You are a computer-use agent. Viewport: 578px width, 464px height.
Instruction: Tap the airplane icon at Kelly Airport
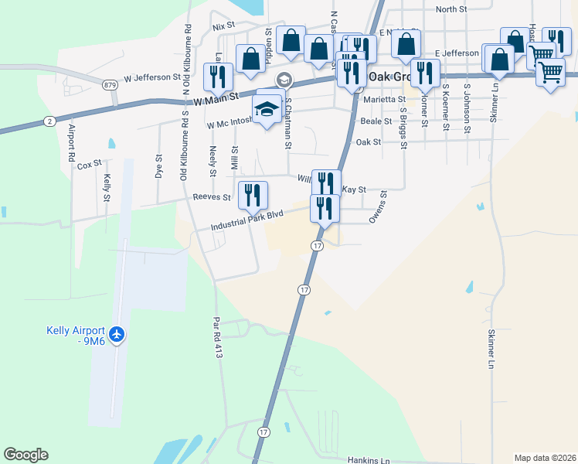pyautogui.click(x=117, y=335)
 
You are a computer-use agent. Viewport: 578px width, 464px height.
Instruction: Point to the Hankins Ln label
pyautogui.click(x=369, y=460)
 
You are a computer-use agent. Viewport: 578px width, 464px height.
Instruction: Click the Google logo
pyautogui.click(x=25, y=455)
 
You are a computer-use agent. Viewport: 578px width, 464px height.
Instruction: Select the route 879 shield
pyautogui.click(x=110, y=84)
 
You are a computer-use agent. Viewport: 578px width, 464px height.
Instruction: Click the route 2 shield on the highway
pyautogui.click(x=49, y=121)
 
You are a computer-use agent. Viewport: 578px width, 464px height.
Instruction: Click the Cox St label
pyautogui.click(x=90, y=164)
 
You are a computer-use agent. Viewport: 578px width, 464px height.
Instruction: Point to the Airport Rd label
pyautogui.click(x=72, y=142)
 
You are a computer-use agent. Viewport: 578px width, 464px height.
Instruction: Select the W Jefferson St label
pyautogui.click(x=151, y=78)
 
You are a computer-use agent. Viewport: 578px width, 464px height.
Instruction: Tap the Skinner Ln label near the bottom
pyautogui.click(x=491, y=348)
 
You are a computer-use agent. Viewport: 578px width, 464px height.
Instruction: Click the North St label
pyautogui.click(x=451, y=9)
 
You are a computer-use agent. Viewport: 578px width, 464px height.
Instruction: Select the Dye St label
pyautogui.click(x=159, y=167)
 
